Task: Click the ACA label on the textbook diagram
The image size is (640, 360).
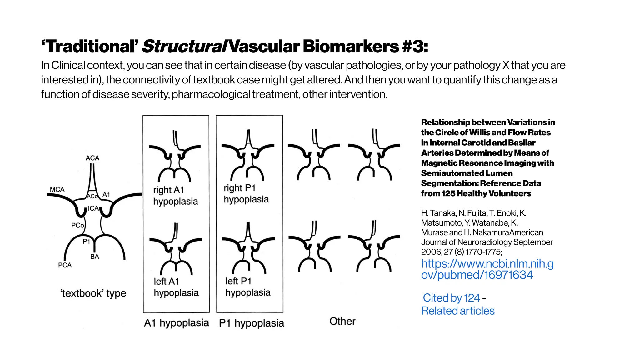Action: (x=92, y=158)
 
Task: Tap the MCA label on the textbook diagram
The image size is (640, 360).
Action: (x=57, y=190)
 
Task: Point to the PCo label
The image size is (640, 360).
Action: (x=77, y=225)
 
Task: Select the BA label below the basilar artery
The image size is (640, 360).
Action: (x=95, y=257)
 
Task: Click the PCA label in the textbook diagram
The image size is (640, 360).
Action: (x=65, y=265)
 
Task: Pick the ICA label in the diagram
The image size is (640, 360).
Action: (x=93, y=208)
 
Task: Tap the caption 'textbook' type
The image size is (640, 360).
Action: (x=93, y=293)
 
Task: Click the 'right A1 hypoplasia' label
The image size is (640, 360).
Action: (x=175, y=196)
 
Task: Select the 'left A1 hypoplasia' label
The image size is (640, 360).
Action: (x=176, y=287)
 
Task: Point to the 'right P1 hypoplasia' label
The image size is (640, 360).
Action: (x=246, y=194)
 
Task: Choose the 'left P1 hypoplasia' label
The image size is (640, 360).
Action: (x=248, y=287)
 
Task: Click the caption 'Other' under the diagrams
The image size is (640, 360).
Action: (x=342, y=321)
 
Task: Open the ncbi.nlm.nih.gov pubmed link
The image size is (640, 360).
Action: (x=487, y=269)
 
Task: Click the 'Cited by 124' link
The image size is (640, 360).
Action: (x=451, y=298)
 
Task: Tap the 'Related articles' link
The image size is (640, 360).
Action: (x=458, y=311)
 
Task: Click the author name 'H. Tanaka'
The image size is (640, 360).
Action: (x=438, y=213)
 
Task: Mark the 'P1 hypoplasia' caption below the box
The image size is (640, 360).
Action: (x=252, y=323)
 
